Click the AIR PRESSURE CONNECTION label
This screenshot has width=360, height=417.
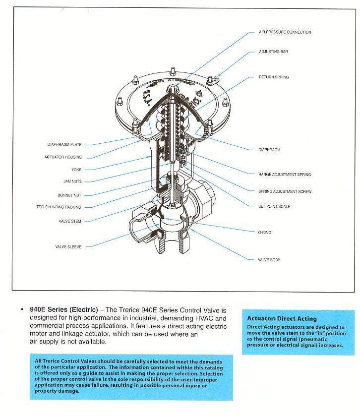point(285,32)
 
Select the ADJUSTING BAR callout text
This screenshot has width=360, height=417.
point(273,52)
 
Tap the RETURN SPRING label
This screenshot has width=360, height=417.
point(274,77)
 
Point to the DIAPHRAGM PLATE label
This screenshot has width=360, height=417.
point(64,145)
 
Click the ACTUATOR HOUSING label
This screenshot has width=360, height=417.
point(63,157)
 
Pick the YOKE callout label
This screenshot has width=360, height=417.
point(76,170)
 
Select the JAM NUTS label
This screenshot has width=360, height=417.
point(72,182)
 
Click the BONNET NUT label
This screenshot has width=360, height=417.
point(69,195)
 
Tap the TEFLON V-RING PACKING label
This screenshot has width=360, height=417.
point(59,207)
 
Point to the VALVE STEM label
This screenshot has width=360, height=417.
point(70,221)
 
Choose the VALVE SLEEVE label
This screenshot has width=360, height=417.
point(68,246)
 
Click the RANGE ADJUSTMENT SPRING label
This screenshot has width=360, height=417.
point(285,175)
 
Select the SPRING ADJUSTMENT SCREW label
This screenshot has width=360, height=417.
point(285,191)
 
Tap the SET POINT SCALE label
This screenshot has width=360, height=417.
point(274,207)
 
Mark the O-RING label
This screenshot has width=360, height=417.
point(264,233)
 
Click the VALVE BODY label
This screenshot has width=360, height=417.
point(269,260)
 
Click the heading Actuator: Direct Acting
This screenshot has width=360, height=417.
point(282,318)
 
